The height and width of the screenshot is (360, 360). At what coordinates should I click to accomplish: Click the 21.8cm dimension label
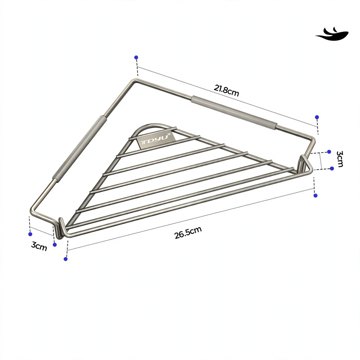226,90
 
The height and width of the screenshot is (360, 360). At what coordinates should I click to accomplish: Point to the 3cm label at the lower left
39,246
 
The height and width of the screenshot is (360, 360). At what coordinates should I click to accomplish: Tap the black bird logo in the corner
332,34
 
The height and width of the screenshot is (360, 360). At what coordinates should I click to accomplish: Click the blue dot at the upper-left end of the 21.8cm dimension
136,57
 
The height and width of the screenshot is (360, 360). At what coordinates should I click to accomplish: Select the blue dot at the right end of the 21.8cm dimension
317,117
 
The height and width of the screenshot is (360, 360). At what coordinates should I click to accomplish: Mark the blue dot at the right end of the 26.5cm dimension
316,196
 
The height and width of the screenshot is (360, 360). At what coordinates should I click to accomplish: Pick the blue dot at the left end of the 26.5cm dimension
66,259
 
